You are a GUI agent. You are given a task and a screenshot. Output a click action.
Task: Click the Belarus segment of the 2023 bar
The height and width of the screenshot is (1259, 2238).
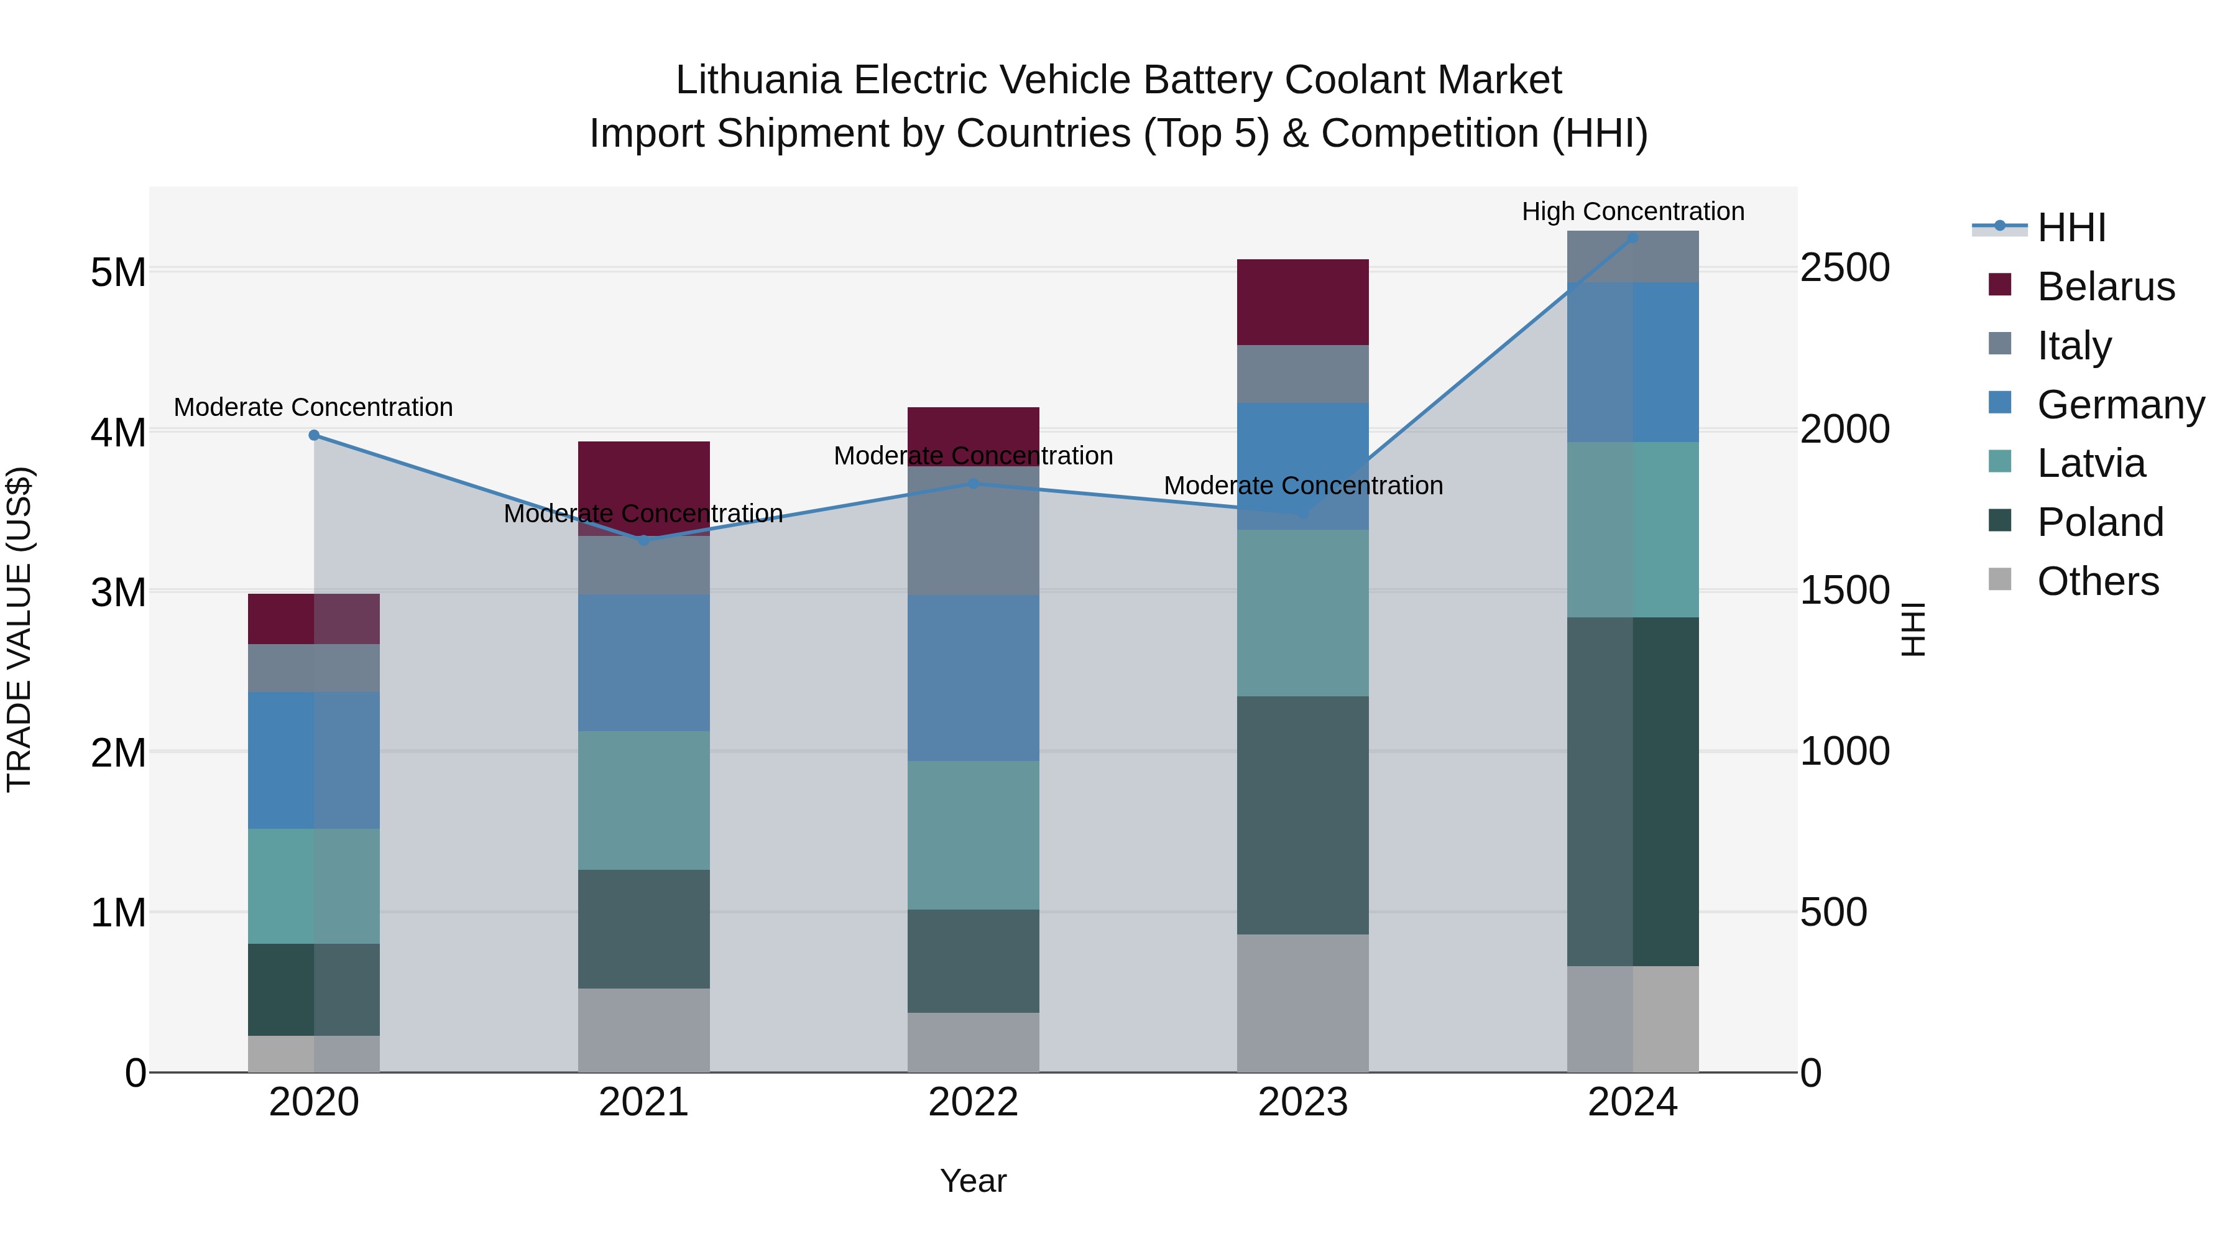[1302, 302]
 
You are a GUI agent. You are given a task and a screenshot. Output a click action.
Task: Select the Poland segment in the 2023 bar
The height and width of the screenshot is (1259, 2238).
[1302, 815]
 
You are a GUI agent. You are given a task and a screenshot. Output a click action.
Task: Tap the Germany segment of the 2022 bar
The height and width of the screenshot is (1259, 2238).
[973, 678]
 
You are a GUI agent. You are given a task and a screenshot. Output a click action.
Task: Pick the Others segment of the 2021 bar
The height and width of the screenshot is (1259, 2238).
[644, 1030]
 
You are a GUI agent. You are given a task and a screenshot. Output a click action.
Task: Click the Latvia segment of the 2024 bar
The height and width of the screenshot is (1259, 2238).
[1632, 529]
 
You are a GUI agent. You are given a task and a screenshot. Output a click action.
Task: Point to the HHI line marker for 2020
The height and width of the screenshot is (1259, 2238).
[315, 435]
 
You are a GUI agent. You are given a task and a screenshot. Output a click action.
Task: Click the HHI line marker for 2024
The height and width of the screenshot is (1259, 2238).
[1632, 238]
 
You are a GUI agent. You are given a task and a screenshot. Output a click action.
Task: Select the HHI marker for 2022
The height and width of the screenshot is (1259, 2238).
[973, 484]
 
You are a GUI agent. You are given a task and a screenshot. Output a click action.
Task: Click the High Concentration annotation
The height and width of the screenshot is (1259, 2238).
[1632, 211]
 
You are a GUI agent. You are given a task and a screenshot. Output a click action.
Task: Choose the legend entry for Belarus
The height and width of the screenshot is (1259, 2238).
[2105, 287]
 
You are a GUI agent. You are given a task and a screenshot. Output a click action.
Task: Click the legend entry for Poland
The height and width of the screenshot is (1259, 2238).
[2100, 522]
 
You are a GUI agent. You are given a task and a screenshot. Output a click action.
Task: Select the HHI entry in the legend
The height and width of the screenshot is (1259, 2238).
[2071, 228]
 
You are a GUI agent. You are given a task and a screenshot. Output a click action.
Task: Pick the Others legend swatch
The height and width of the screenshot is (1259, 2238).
[2000, 579]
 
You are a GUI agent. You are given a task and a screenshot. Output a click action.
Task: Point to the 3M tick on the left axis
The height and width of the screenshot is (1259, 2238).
[118, 593]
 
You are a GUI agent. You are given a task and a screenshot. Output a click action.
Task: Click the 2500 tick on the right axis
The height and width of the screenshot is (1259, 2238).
[1844, 267]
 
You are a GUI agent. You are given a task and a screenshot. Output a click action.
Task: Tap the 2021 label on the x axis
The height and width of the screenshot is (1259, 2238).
[644, 1102]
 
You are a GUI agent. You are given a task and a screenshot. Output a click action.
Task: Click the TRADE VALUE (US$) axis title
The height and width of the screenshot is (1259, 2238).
[19, 629]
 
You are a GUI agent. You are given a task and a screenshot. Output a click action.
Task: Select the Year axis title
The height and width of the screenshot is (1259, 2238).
[973, 1181]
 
